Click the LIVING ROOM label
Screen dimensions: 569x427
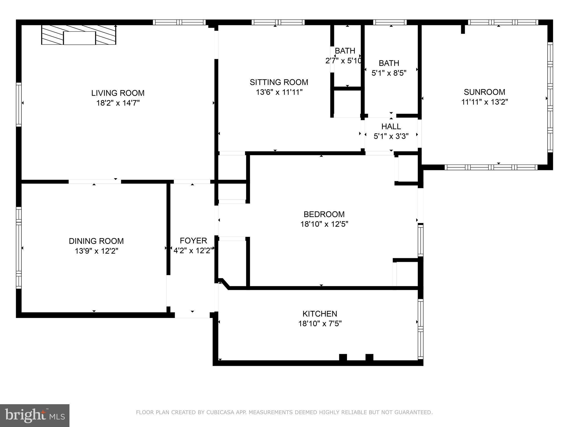pyautogui.click(x=118, y=93)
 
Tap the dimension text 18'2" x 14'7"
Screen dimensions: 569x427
pyautogui.click(x=118, y=103)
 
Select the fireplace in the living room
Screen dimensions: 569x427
pyautogui.click(x=79, y=35)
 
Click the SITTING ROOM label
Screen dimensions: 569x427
pyautogui.click(x=279, y=82)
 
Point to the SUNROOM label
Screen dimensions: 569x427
pyautogui.click(x=485, y=92)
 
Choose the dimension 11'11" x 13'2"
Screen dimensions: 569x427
pyautogui.click(x=485, y=102)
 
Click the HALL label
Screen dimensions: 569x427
pyautogui.click(x=391, y=126)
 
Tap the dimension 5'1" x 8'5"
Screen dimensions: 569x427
pyautogui.click(x=389, y=73)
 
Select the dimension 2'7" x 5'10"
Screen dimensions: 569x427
pyautogui.click(x=344, y=61)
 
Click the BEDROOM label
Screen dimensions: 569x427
pyautogui.click(x=324, y=214)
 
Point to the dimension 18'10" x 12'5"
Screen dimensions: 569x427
pyautogui.click(x=324, y=224)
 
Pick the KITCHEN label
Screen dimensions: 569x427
pyautogui.click(x=320, y=314)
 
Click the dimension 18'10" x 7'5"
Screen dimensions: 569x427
pyautogui.click(x=320, y=324)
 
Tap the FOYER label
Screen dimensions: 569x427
pyautogui.click(x=193, y=241)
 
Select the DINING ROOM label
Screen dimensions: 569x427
pyautogui.click(x=96, y=241)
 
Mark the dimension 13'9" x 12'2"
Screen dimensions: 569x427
pyautogui.click(x=96, y=251)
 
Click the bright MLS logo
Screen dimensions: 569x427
pyautogui.click(x=35, y=415)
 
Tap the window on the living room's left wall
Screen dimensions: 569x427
pyautogui.click(x=19, y=104)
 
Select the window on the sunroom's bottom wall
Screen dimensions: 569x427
pyautogui.click(x=491, y=167)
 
